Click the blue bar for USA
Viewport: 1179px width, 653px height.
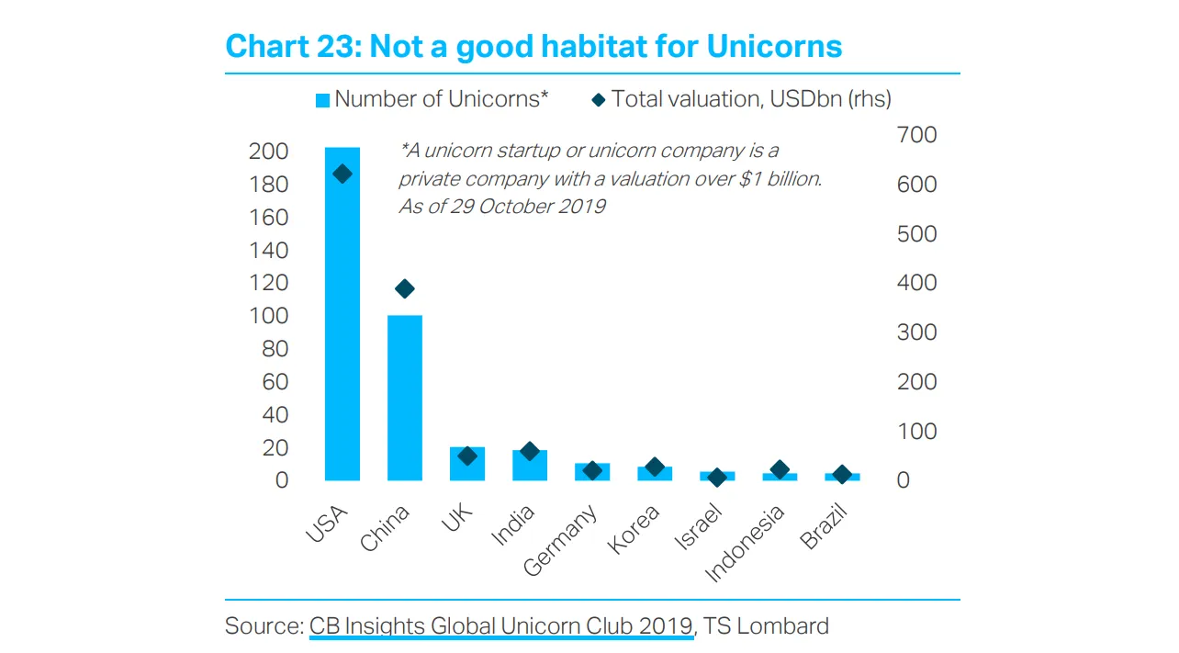342,321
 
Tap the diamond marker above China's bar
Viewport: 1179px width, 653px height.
404,289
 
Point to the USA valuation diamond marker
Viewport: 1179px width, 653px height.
342,175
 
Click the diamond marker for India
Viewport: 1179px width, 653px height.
529,451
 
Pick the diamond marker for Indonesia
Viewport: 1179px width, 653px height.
780,469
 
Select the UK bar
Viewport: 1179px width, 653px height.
466,465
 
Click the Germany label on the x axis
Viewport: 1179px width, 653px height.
561,541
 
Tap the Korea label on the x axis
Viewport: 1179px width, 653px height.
634,530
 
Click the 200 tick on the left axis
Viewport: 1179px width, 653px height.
268,152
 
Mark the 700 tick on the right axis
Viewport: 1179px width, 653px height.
916,135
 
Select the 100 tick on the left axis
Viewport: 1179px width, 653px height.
268,316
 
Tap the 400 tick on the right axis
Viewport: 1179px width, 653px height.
916,283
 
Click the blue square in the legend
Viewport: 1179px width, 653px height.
322,100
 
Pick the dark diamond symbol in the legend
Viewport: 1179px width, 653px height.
598,99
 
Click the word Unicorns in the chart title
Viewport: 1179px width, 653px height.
774,46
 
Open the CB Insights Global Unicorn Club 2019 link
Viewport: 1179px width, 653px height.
500,626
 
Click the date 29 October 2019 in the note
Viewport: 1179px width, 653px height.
527,206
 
